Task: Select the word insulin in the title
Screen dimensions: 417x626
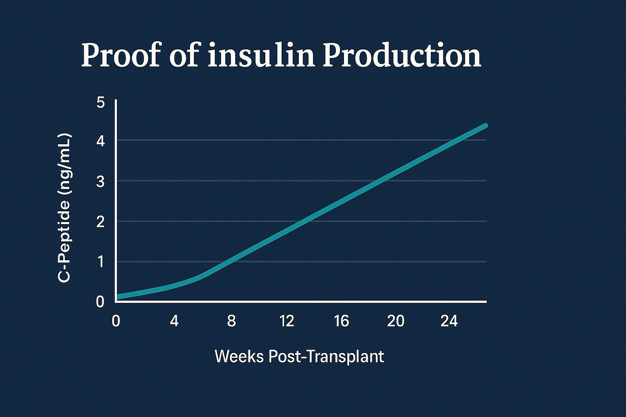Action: pos(261,56)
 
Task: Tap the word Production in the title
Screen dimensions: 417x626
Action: pos(402,56)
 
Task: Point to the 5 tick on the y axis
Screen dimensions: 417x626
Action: pos(101,103)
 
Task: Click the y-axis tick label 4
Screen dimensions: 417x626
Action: pos(101,141)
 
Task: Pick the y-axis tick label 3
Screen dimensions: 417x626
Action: pos(101,182)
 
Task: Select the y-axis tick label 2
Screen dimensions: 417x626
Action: pos(101,222)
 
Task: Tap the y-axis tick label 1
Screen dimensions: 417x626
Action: pos(101,262)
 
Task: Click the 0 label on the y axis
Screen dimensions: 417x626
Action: pos(101,301)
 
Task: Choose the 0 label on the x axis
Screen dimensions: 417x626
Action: pos(116,321)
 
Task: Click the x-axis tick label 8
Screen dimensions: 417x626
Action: pos(231,321)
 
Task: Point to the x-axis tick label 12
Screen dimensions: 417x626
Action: pos(286,321)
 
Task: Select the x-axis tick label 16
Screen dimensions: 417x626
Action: pos(341,321)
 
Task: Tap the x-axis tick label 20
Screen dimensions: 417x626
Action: pos(396,321)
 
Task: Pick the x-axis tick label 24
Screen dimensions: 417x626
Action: pos(449,321)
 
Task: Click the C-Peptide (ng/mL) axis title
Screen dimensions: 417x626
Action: pos(64,208)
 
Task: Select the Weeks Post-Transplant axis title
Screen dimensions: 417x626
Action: pos(299,356)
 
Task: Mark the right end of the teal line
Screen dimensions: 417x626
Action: pos(485,126)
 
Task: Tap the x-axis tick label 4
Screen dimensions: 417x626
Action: pos(174,321)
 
